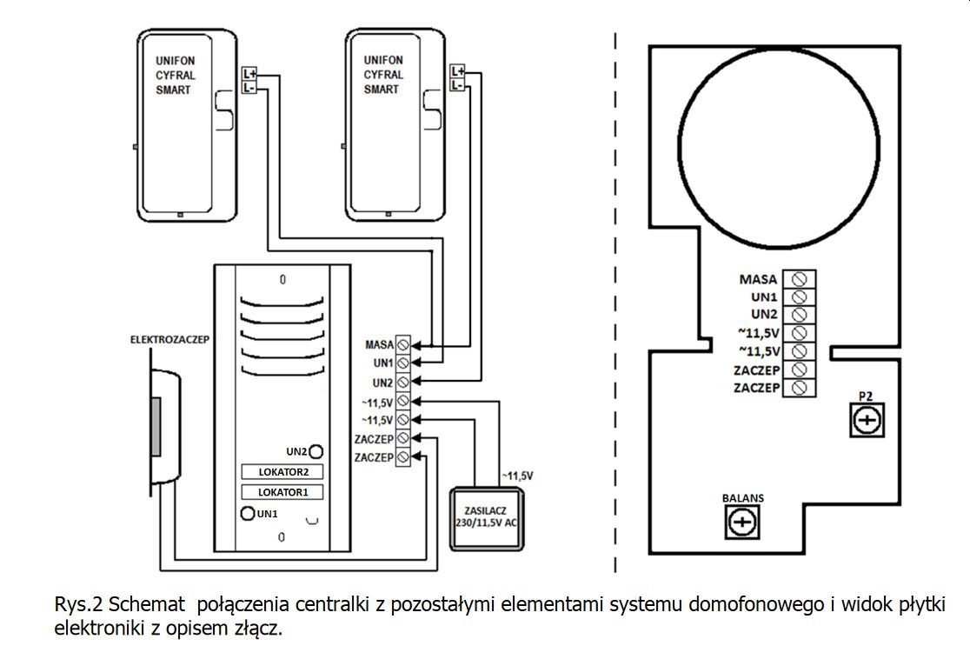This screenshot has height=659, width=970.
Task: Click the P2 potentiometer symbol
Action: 867,421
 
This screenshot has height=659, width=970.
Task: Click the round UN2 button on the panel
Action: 317,451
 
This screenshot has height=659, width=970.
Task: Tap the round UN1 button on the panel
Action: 248,514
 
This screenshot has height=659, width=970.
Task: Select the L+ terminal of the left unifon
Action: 249,75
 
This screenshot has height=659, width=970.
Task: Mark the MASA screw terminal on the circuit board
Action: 799,279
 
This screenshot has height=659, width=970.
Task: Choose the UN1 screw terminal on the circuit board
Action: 799,297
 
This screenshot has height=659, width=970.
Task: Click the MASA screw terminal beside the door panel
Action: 403,343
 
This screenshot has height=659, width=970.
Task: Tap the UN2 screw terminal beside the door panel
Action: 403,382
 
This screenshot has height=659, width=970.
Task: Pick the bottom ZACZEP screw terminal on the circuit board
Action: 799,388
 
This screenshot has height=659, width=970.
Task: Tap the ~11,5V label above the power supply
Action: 517,476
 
